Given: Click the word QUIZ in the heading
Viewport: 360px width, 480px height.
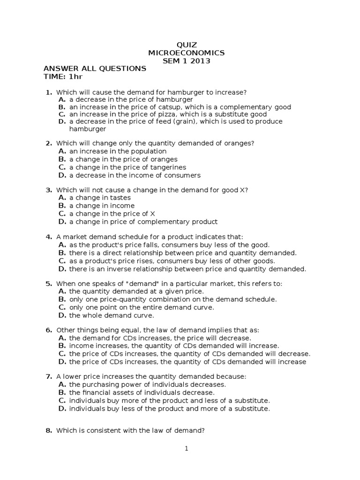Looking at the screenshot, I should point(186,45).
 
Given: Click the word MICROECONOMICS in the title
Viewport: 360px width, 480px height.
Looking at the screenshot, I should point(186,53).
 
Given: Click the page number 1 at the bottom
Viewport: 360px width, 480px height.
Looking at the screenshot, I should point(186,449).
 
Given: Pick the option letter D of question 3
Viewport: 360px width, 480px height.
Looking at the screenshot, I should point(61,222).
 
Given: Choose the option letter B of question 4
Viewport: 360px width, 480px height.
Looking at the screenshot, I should point(61,253).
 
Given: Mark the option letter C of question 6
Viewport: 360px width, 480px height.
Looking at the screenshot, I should point(61,354).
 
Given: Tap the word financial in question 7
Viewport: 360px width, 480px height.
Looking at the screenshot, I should point(97,392).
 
